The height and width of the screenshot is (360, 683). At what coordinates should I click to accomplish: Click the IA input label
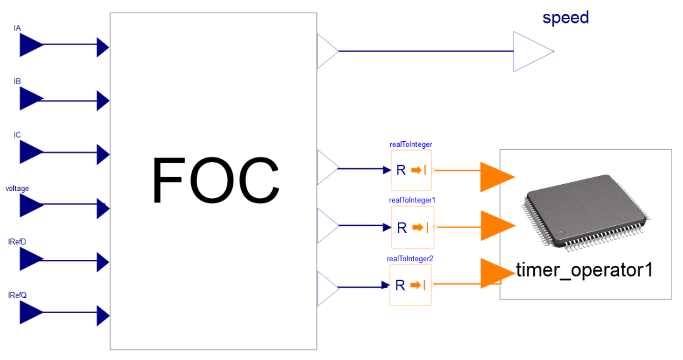coord(18,28)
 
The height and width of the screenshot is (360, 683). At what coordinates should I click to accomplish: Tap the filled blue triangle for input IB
coord(30,99)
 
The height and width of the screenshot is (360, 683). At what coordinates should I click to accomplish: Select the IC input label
coord(18,135)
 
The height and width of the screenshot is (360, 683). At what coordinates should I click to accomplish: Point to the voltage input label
coord(17,189)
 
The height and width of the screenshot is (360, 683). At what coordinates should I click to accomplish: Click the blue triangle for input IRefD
coord(30,259)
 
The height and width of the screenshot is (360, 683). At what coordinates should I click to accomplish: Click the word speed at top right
coord(565,18)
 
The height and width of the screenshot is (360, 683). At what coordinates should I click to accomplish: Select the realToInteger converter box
coord(411,170)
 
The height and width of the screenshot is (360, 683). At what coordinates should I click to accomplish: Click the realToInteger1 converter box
coord(411,228)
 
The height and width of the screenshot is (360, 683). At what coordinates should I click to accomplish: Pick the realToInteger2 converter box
coord(410,285)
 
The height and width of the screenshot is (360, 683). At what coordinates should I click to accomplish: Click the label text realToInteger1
coord(412,200)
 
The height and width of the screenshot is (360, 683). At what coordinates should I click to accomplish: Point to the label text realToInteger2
coord(410,258)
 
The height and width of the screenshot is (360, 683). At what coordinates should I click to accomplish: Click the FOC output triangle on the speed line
coord(326,51)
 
